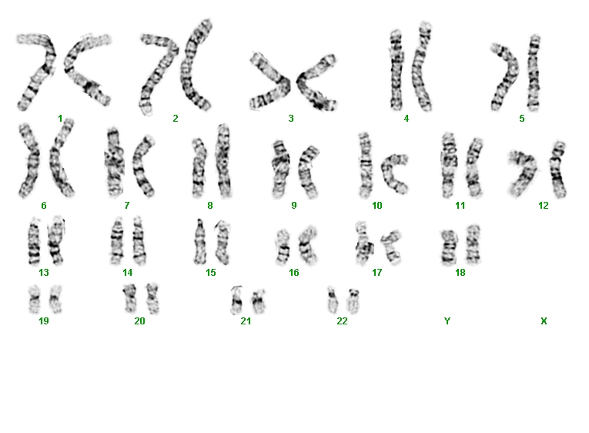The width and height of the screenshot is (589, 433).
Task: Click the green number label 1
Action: point(60,119)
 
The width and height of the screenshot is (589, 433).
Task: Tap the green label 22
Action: point(342,321)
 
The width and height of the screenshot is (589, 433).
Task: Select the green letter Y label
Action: point(447,321)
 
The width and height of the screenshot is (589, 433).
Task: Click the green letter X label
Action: point(544,321)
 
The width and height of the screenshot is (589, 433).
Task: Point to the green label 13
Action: point(44,273)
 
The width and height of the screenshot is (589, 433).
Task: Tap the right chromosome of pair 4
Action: point(423,67)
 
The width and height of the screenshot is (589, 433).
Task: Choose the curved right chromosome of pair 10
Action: point(393,173)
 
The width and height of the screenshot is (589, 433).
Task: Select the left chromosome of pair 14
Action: point(117,241)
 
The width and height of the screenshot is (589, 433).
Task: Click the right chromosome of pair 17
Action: point(391,247)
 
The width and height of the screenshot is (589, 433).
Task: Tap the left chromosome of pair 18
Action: point(448,247)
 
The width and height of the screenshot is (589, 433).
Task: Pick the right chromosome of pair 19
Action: point(55,299)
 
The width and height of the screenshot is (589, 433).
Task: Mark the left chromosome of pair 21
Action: point(236,300)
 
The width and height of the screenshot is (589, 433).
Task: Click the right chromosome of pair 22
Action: point(353,301)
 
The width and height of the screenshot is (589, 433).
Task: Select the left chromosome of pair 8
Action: point(199,168)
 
